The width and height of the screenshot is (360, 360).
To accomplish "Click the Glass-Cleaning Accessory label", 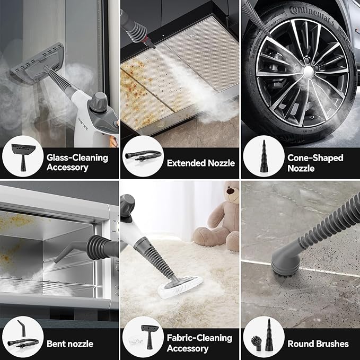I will pos(77,163).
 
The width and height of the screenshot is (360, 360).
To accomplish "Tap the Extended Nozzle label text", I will pos(200,163).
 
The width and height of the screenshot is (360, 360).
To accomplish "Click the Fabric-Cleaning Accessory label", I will pos(199,343).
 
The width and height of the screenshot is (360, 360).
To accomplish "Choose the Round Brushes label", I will pos(318,344).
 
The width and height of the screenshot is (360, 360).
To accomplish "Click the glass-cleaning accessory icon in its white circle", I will pos(23,157).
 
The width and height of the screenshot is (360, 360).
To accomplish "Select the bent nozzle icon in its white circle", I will pos(23,338).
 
